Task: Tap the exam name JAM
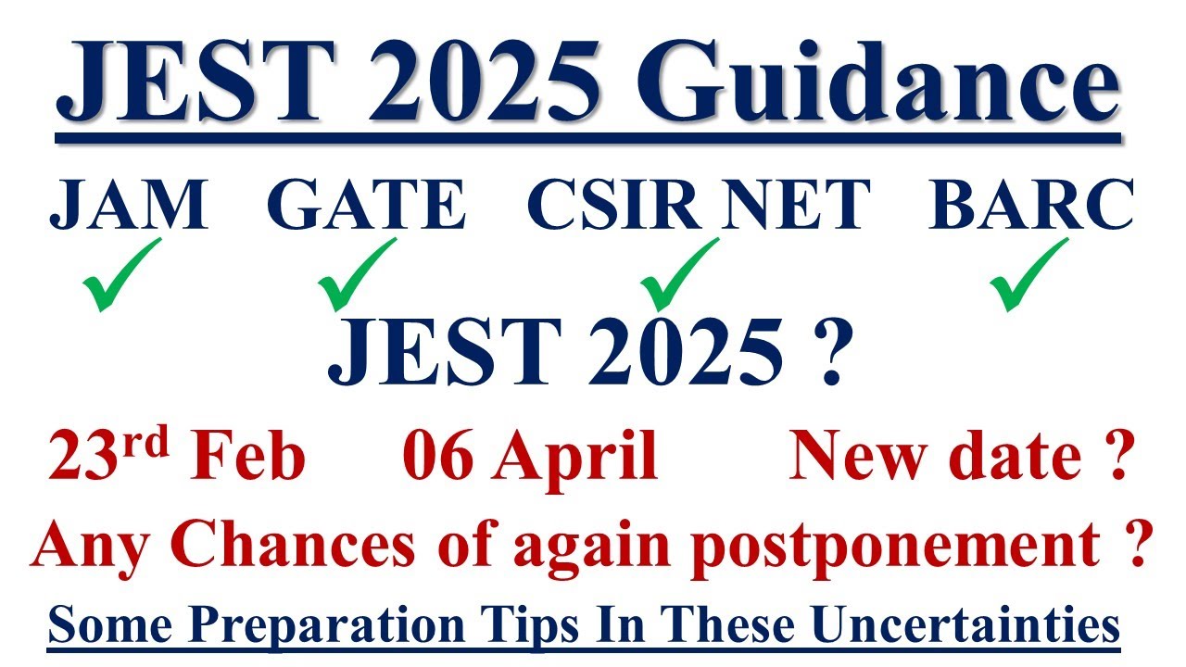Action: pyautogui.click(x=128, y=205)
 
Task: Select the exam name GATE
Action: pyautogui.click(x=365, y=205)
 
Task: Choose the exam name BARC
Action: pyautogui.click(x=1031, y=205)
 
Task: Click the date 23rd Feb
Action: pyautogui.click(x=177, y=456)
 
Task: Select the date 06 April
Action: pyautogui.click(x=530, y=456)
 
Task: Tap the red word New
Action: pyautogui.click(x=846, y=456)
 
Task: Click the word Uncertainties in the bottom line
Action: pyautogui.click(x=978, y=625)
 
